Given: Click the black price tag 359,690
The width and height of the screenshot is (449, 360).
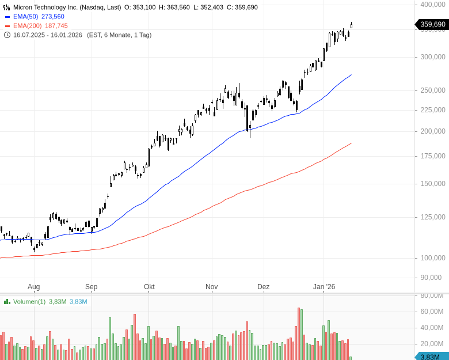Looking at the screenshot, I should (432, 24).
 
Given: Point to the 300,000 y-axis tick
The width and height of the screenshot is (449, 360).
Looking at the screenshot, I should (433, 57).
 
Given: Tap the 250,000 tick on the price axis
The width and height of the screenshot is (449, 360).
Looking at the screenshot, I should (433, 90).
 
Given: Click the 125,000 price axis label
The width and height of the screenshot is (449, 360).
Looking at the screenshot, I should (433, 217).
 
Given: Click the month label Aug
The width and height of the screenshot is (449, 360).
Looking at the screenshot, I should (33, 287).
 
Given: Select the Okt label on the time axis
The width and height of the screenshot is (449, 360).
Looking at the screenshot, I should (149, 287).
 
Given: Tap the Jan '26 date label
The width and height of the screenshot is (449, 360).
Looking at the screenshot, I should (324, 287).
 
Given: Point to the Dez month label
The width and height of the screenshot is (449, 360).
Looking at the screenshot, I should (263, 287).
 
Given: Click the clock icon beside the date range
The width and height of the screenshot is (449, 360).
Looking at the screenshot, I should (7, 35).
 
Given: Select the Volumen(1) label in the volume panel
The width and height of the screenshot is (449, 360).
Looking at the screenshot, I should (29, 301).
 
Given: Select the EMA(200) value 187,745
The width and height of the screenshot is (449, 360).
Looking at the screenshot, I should (56, 26).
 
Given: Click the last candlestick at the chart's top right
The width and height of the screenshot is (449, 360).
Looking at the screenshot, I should (351, 25).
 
